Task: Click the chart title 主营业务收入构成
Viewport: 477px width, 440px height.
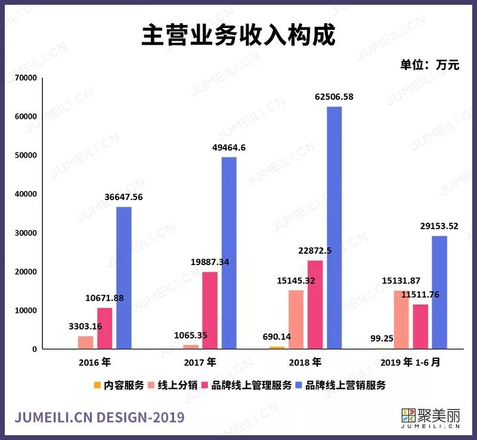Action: [x=238, y=36]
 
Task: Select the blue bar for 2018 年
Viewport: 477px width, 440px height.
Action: [x=334, y=227]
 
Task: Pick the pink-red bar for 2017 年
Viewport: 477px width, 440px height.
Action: [x=210, y=310]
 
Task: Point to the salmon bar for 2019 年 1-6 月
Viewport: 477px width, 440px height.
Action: [x=401, y=319]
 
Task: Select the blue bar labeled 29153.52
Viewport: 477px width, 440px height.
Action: [x=439, y=292]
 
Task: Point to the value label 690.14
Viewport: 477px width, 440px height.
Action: [x=277, y=337]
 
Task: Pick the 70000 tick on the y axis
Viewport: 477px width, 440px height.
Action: [x=26, y=78]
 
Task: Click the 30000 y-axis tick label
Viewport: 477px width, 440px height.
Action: [x=26, y=233]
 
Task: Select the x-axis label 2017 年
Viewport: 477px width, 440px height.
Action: [x=200, y=362]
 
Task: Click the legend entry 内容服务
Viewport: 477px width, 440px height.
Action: [x=119, y=385]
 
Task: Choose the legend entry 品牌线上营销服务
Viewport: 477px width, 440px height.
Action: [x=341, y=385]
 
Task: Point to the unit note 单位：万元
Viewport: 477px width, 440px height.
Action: [x=430, y=66]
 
